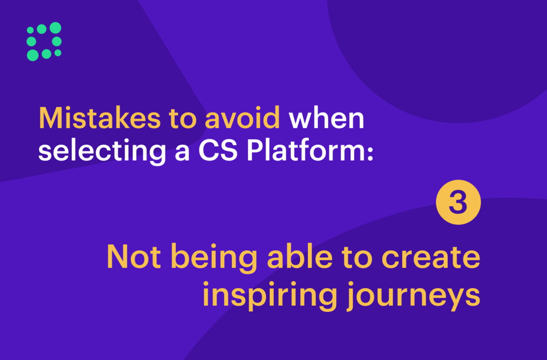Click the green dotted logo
pos(44,41)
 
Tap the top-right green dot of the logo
pos(55,28)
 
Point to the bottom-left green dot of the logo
pos(32,55)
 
